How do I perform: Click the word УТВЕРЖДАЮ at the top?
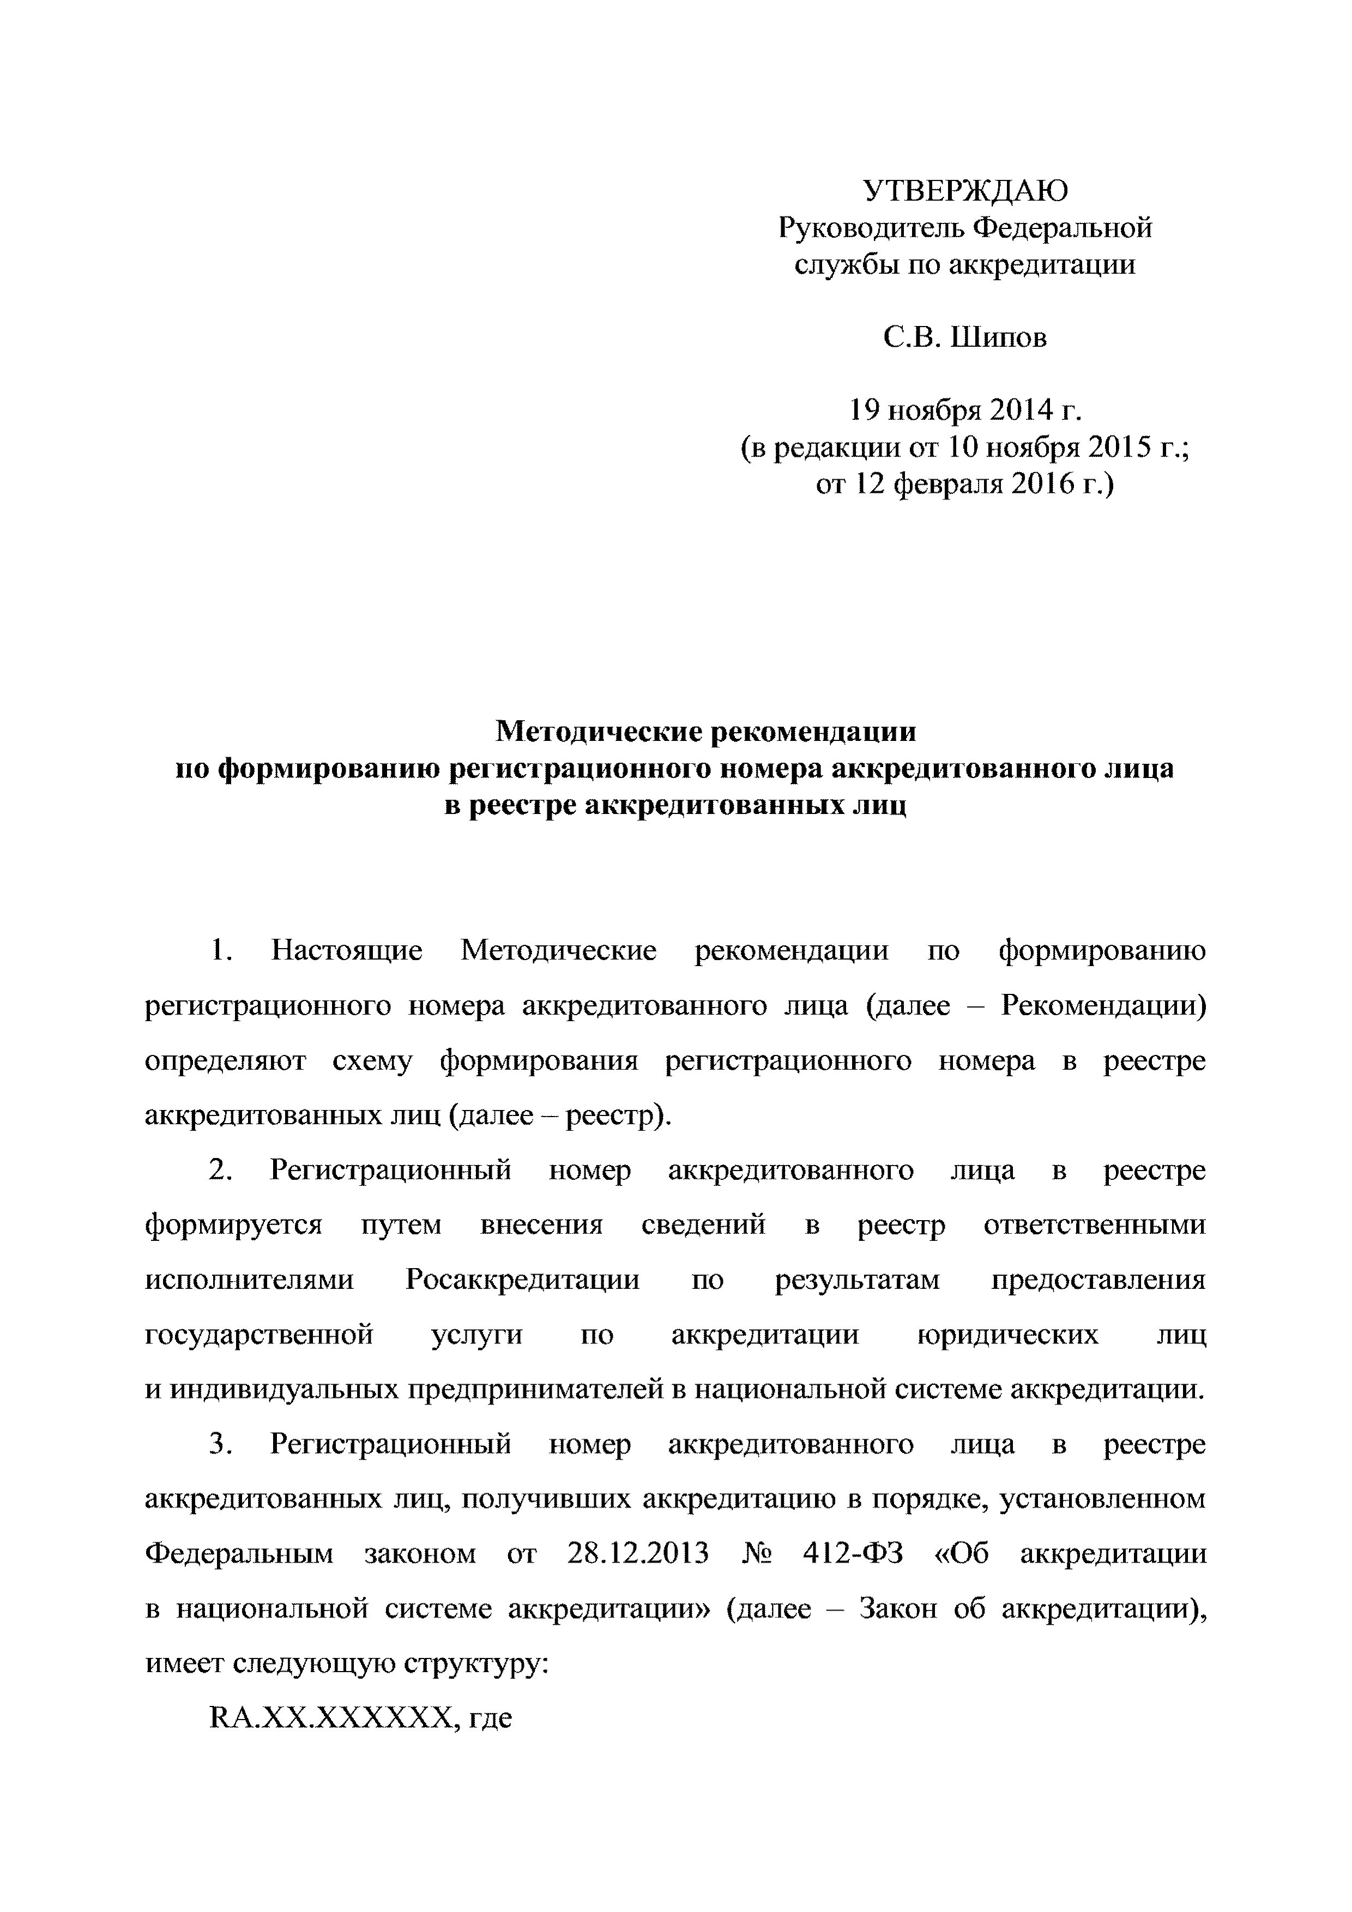pyautogui.click(x=965, y=191)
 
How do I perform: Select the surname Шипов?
pyautogui.click(x=999, y=337)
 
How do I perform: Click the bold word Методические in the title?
pyautogui.click(x=595, y=731)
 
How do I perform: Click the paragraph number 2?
pyautogui.click(x=218, y=1170)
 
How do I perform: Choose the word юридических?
pyautogui.click(x=1007, y=1335)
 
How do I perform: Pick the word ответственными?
pyautogui.click(x=1094, y=1225)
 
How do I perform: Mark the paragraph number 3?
pyautogui.click(x=218, y=1444)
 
